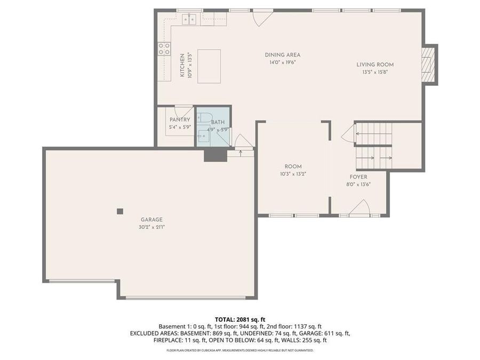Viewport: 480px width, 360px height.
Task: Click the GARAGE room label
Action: [151, 219]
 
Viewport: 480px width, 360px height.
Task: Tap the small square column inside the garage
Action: [120, 211]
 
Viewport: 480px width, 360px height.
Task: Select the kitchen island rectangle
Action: [209, 66]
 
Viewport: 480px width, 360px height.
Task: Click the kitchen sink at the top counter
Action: [189, 20]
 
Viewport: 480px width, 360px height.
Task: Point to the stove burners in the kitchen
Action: [164, 49]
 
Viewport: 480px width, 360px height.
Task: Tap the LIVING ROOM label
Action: [375, 65]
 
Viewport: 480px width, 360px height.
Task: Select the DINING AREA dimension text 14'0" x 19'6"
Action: [282, 62]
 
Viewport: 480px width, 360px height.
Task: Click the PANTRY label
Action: [180, 120]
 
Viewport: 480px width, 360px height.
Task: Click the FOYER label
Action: [358, 177]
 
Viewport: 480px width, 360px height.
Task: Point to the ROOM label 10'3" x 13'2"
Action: [293, 166]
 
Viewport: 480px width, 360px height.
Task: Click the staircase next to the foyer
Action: [374, 146]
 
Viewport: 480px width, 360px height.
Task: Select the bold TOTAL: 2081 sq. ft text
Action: [239, 319]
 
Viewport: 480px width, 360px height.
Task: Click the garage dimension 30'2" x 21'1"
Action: [151, 227]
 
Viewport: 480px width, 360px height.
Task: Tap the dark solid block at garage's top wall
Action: [215, 154]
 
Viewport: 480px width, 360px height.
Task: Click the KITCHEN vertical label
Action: [182, 65]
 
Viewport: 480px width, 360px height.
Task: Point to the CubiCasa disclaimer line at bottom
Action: [239, 350]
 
